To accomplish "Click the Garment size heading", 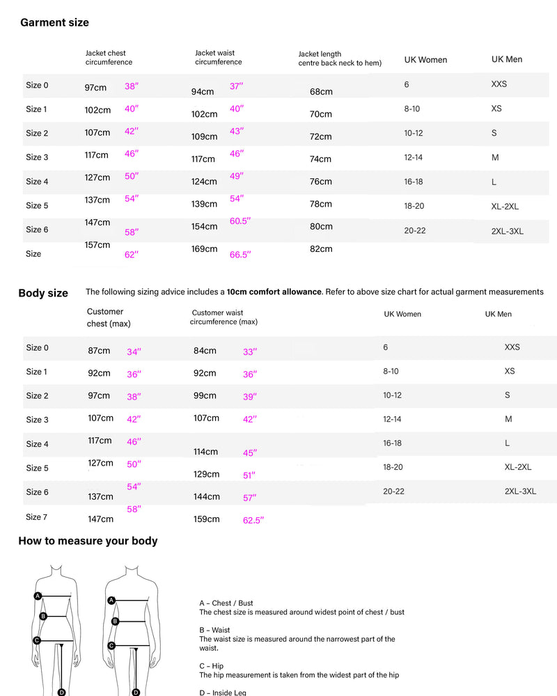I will pyautogui.click(x=54, y=22).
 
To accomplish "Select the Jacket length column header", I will pyautogui.click(x=340, y=58).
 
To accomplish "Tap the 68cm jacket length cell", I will pyautogui.click(x=321, y=92).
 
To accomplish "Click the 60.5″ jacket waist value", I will pyautogui.click(x=240, y=221).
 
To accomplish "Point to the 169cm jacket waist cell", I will pyautogui.click(x=205, y=248).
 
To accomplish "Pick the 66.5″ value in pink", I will pyautogui.click(x=240, y=255).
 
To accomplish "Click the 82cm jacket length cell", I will pyautogui.click(x=321, y=248).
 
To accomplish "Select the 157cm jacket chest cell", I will pyautogui.click(x=97, y=245).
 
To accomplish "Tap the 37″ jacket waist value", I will pyautogui.click(x=237, y=86).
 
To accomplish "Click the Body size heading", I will pyautogui.click(x=43, y=293).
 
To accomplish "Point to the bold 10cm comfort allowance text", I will pyautogui.click(x=274, y=292).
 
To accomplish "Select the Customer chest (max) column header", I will pyautogui.click(x=109, y=317).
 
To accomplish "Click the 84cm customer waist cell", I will pyautogui.click(x=205, y=351).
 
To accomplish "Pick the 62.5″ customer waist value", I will pyautogui.click(x=253, y=520).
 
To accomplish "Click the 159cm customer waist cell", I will pyautogui.click(x=206, y=519).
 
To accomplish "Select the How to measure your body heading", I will pyautogui.click(x=88, y=541).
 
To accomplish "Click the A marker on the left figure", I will pyautogui.click(x=38, y=595).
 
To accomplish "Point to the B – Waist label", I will pyautogui.click(x=214, y=630).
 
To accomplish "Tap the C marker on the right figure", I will pyautogui.click(x=111, y=645).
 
